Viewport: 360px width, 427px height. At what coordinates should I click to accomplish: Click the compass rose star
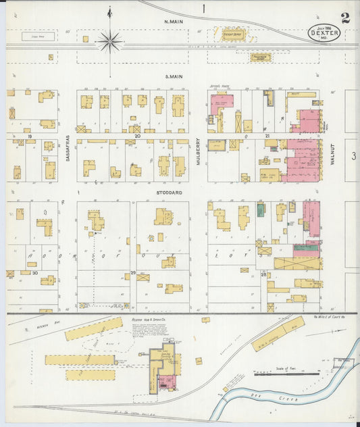(109, 42)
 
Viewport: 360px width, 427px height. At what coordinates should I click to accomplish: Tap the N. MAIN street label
(174, 21)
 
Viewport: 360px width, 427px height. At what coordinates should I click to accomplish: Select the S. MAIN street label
(175, 77)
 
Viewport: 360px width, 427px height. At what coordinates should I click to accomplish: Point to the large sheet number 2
(345, 18)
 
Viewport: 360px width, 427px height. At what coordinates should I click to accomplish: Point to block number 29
(133, 272)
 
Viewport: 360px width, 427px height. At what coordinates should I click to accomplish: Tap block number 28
(263, 274)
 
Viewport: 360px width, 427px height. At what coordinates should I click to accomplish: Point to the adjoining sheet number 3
(353, 156)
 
